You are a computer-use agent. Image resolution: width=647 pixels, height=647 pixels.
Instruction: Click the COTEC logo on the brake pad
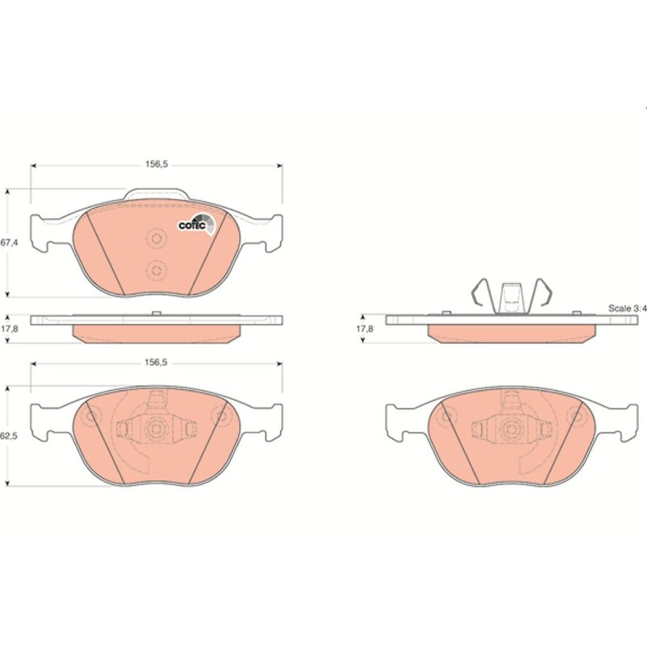tap(197, 225)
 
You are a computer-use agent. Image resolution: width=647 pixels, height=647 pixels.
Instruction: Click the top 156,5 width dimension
tap(156, 164)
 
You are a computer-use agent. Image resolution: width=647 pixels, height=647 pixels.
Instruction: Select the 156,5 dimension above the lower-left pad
tap(156, 362)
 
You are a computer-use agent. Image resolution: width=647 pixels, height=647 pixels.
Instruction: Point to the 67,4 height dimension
tap(9, 243)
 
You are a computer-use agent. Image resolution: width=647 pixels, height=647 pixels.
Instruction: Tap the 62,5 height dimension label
tap(9, 436)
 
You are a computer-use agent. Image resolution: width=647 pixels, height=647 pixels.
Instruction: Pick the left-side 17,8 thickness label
tap(10, 329)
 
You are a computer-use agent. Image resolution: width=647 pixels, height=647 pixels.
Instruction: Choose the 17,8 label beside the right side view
tap(366, 329)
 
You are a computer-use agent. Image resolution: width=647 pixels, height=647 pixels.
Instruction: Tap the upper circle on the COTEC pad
tap(157, 239)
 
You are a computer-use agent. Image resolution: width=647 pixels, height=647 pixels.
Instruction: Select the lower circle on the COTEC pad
tap(157, 271)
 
